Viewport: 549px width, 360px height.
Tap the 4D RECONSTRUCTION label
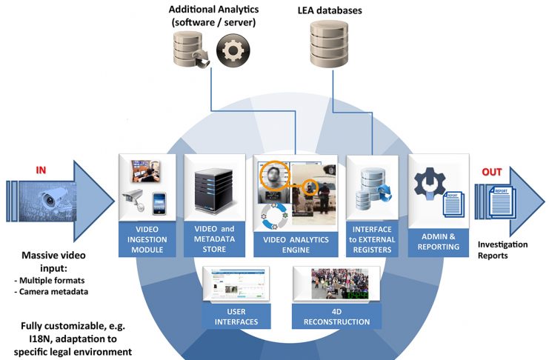coord(336,321)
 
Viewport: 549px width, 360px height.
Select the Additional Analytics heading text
coord(210,16)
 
